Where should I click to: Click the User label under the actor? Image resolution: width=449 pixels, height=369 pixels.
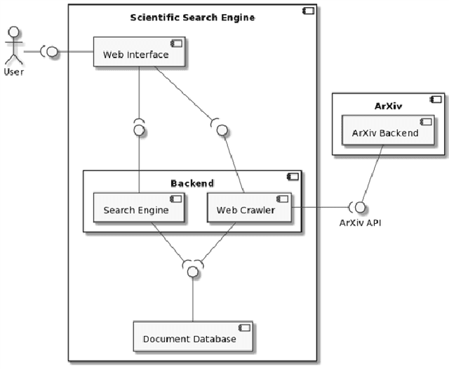pyautogui.click(x=13, y=72)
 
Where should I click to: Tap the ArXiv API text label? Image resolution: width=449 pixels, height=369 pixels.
pyautogui.click(x=361, y=223)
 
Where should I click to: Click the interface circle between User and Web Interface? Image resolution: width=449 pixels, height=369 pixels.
pyautogui.click(x=52, y=51)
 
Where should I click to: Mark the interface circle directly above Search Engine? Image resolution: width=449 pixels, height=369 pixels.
pyautogui.click(x=139, y=130)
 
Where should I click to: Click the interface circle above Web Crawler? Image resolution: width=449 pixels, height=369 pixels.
pyautogui.click(x=222, y=130)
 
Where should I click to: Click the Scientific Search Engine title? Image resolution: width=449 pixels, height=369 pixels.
pyautogui.click(x=192, y=17)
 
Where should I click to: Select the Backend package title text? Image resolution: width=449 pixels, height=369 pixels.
pyautogui.click(x=192, y=183)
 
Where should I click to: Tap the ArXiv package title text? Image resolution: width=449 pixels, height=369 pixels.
pyautogui.click(x=387, y=105)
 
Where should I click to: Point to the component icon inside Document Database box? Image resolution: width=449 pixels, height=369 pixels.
pyautogui.click(x=243, y=328)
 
